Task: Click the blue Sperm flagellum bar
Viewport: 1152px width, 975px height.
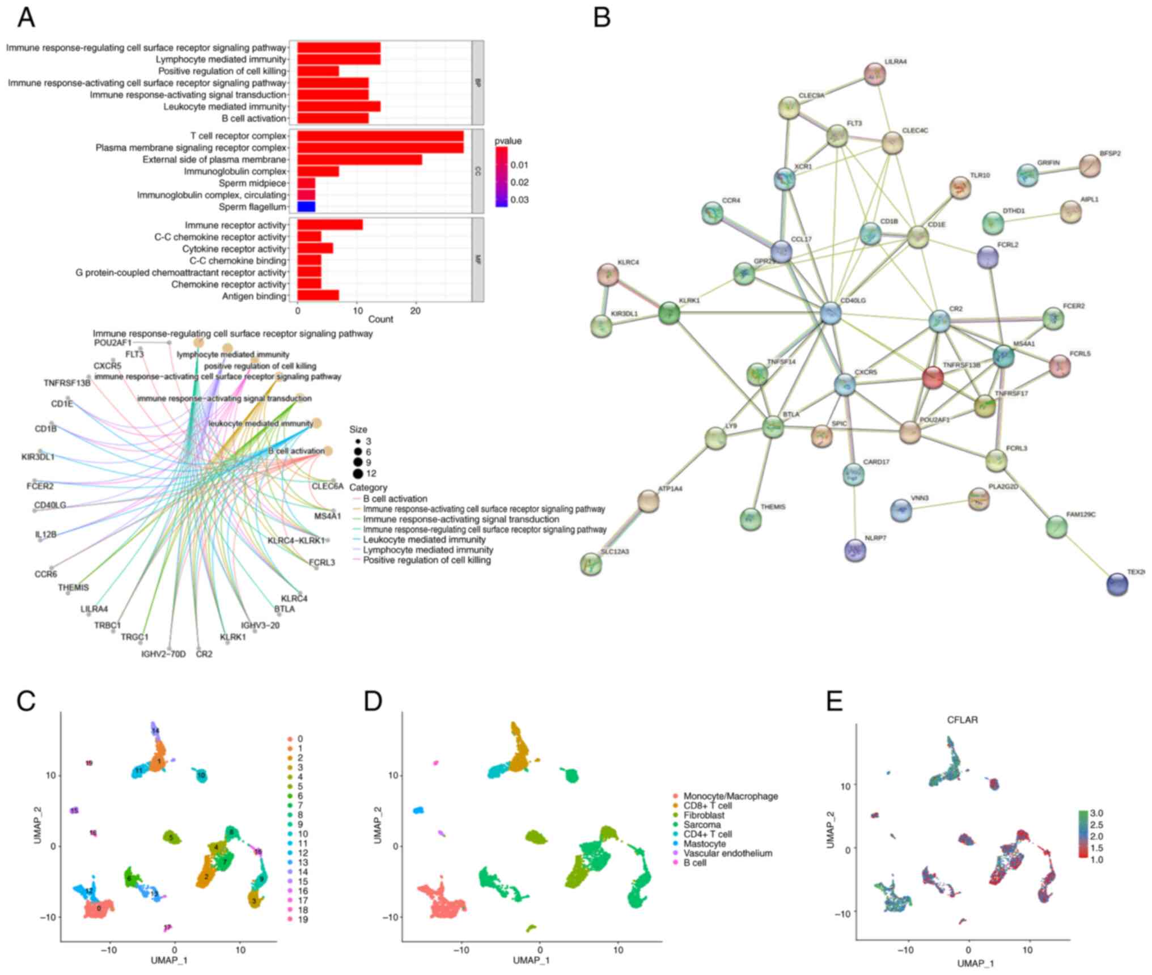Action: tap(306, 207)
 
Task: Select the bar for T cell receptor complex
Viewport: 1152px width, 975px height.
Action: tap(380, 136)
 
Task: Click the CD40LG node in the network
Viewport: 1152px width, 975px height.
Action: tap(831, 313)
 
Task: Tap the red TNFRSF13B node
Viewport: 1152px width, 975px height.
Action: tap(933, 377)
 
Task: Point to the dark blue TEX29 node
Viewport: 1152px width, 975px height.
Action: tap(1117, 584)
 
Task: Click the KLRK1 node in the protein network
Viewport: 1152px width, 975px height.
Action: tap(669, 313)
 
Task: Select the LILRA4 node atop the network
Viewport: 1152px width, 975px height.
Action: tap(875, 74)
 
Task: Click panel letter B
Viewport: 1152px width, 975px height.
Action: tap(602, 18)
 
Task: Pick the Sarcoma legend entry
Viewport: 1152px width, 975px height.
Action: tap(702, 825)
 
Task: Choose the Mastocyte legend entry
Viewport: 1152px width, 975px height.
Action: tap(704, 843)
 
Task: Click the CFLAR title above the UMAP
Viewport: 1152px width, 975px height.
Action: tap(962, 720)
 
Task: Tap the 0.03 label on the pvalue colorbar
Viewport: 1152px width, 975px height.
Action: tap(519, 200)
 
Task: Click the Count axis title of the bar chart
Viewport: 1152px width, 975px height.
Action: tap(380, 319)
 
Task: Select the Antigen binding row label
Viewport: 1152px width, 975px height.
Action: tap(254, 296)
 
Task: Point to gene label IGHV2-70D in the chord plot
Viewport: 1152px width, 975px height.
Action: tap(163, 654)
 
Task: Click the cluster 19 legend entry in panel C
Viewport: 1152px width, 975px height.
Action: tap(303, 919)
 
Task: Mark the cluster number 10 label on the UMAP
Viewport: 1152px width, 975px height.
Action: tap(201, 774)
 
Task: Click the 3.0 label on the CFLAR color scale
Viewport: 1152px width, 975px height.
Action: tap(1096, 813)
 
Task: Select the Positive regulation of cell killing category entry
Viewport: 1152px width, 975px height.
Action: tap(426, 560)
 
